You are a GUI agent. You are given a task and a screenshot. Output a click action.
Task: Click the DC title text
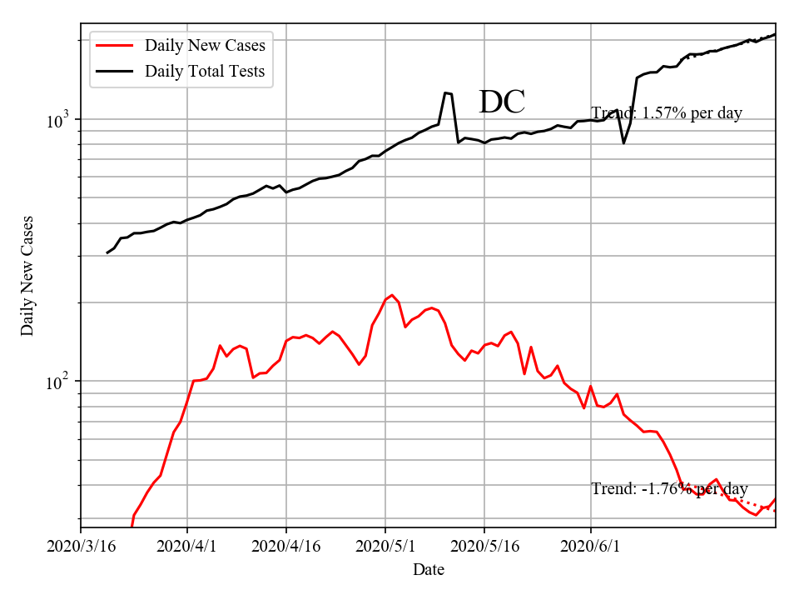[502, 102]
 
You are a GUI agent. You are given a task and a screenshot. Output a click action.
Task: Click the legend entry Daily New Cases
[205, 45]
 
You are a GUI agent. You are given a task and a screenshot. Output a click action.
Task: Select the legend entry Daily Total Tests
[205, 71]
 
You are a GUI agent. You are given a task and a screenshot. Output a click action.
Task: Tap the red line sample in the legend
[114, 45]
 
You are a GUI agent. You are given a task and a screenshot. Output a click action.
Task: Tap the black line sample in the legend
[114, 71]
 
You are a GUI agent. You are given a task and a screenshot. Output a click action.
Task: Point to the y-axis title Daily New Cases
[28, 275]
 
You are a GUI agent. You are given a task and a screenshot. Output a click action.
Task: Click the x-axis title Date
[428, 570]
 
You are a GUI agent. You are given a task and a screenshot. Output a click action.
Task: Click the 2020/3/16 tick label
[81, 547]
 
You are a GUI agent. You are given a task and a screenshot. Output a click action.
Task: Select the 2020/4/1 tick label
[187, 547]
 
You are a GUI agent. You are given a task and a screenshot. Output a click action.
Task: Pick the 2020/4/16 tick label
[286, 547]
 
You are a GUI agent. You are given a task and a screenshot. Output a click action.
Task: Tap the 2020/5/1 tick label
[385, 547]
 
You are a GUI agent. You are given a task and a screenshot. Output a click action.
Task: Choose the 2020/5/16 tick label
[484, 547]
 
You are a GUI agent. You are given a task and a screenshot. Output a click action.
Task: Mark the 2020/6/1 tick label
[591, 547]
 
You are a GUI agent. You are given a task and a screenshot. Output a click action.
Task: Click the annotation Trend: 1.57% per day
[666, 112]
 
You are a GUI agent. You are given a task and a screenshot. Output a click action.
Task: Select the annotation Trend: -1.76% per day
[669, 489]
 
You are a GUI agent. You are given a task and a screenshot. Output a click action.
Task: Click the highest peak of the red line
[391, 295]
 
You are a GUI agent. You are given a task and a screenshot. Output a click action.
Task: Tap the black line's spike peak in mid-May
[446, 92]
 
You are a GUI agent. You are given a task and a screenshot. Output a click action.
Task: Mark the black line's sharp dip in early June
[623, 143]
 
